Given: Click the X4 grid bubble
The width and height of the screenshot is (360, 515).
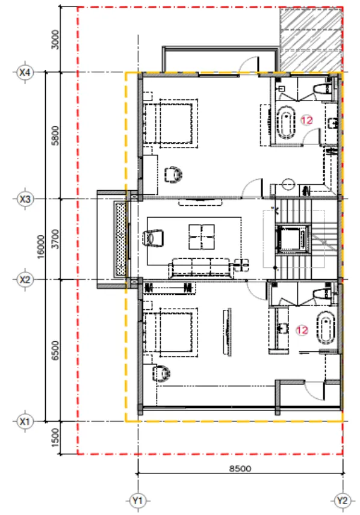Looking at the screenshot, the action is coord(25,72).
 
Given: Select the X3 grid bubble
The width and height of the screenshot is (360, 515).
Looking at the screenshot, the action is coord(25,199).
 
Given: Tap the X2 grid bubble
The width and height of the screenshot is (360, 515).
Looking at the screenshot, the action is coord(25,280).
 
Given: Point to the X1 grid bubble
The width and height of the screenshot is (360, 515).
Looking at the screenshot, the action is coord(25,421).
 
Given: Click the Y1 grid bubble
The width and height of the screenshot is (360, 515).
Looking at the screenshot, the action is coord(138,501).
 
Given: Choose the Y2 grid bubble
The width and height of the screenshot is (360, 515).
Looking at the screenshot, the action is coord(343,501).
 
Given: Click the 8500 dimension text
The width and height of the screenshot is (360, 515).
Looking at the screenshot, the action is coord(240,468).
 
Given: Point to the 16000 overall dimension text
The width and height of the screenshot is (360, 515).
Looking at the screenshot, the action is coord(41,247).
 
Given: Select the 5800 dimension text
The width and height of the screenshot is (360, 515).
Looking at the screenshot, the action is coord(55,135).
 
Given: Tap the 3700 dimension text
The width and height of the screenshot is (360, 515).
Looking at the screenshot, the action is coord(55,239).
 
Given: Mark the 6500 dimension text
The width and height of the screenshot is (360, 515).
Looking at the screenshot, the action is coord(55,350).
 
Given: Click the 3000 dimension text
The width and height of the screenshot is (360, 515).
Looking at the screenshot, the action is coord(55,40).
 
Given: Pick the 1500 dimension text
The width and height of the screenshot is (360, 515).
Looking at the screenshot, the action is coord(55,437).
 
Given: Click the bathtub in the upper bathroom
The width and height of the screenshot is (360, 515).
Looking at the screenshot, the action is coord(286,122).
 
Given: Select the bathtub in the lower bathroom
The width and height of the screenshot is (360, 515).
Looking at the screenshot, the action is coord(326,327).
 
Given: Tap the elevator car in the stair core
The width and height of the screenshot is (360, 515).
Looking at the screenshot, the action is coord(293,239).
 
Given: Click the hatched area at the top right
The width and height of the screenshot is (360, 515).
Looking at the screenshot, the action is coord(311,40).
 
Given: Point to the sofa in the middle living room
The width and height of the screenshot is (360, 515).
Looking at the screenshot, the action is coord(200,268).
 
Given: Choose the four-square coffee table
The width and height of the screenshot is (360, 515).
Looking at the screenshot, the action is coord(202,237).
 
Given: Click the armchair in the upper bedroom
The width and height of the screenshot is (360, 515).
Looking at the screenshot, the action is coord(173,174).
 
